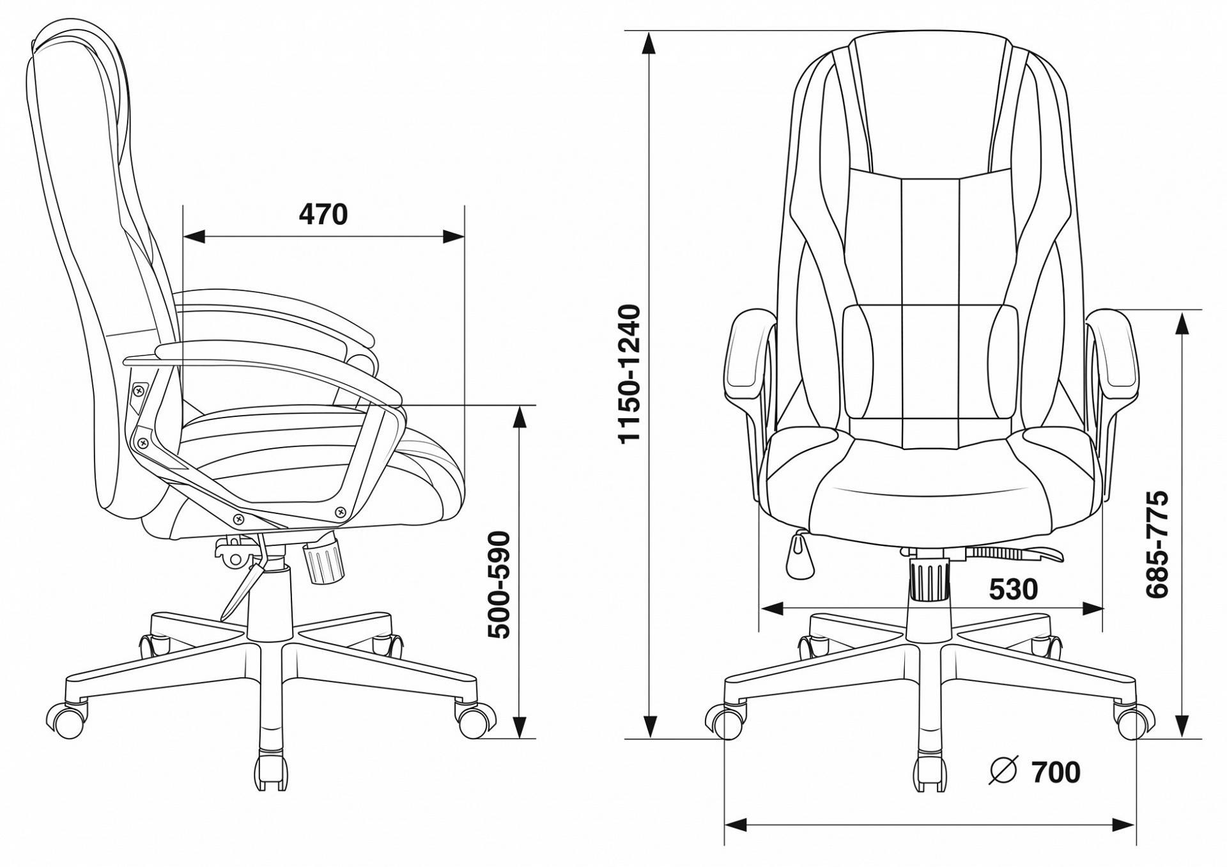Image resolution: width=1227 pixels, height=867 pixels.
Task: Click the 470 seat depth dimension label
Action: (x=323, y=215)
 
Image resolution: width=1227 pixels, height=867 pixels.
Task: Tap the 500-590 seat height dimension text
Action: (x=499, y=585)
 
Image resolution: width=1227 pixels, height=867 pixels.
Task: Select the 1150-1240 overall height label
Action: (x=629, y=374)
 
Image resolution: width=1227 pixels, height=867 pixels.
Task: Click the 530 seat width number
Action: (x=1014, y=589)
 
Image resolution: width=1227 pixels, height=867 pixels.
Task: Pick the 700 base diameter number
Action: (x=1056, y=772)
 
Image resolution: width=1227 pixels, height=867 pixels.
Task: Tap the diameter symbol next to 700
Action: (x=1002, y=771)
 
